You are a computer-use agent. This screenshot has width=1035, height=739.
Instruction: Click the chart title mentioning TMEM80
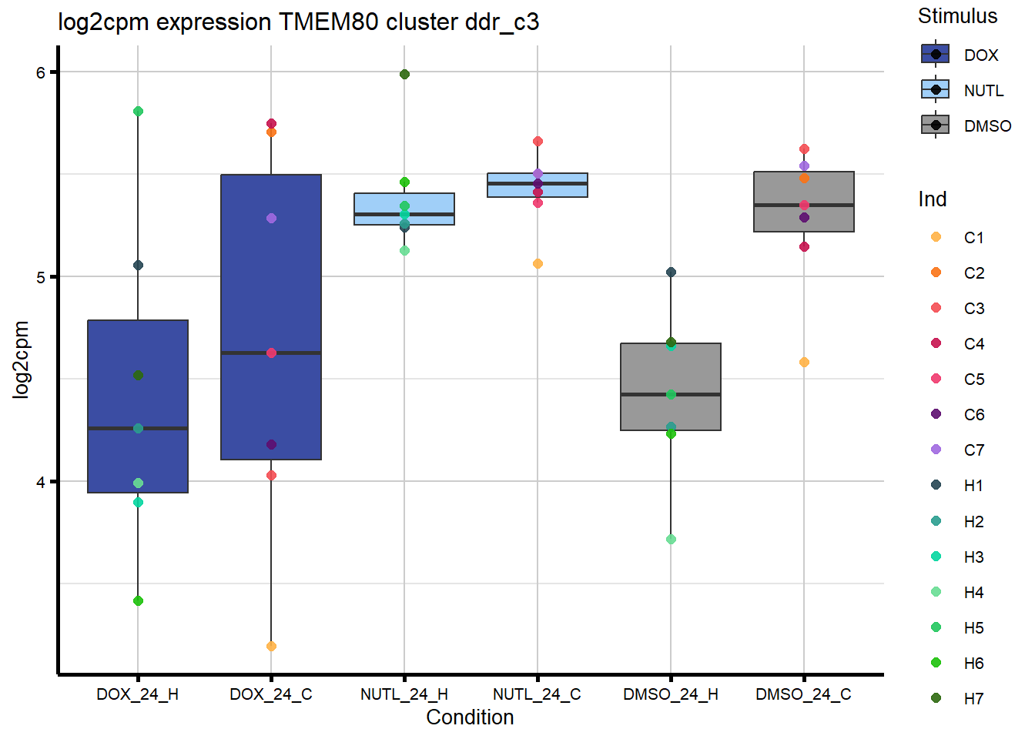298,22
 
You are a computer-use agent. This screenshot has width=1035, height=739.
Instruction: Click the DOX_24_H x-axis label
137,694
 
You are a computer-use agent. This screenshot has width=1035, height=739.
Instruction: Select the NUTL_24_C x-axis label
537,694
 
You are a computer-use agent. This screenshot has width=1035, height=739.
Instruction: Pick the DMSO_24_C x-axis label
803,694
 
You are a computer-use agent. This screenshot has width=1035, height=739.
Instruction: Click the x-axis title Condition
470,717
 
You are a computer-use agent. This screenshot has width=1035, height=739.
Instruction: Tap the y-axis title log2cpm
21,359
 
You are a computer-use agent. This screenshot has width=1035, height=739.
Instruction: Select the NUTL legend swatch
935,90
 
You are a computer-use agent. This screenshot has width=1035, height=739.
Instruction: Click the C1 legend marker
936,237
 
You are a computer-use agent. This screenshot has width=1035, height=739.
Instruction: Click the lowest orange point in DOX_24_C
271,646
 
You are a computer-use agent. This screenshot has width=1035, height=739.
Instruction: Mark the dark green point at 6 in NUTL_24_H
404,74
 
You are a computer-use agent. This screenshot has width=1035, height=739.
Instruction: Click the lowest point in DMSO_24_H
671,539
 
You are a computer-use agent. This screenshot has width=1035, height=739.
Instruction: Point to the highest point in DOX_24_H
138,111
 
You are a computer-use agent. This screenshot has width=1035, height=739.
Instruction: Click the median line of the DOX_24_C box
271,353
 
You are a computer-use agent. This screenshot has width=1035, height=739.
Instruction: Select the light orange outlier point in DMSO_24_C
804,362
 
